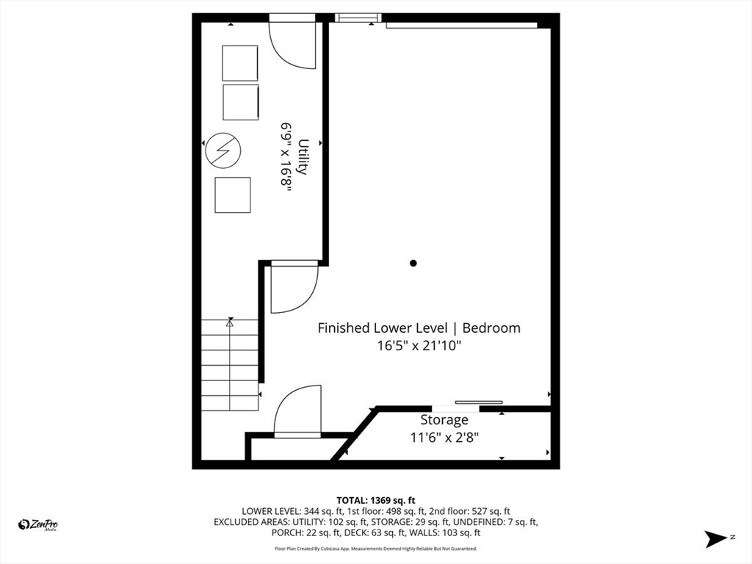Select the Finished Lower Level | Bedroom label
pos(419,328)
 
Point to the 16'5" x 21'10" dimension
pos(419,345)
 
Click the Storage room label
pos(444,420)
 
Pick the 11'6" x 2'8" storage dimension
pos(444,438)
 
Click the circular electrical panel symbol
pos(223,150)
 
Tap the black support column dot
pos(413,263)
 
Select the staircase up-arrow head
pos(230,323)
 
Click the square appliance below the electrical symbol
pos(233,195)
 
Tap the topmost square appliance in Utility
pos(240,63)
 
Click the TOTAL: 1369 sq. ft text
pos(375,501)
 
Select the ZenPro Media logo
pos(38,525)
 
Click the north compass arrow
pos(716,538)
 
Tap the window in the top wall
pos(358,18)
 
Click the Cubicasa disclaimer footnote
pos(375,548)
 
